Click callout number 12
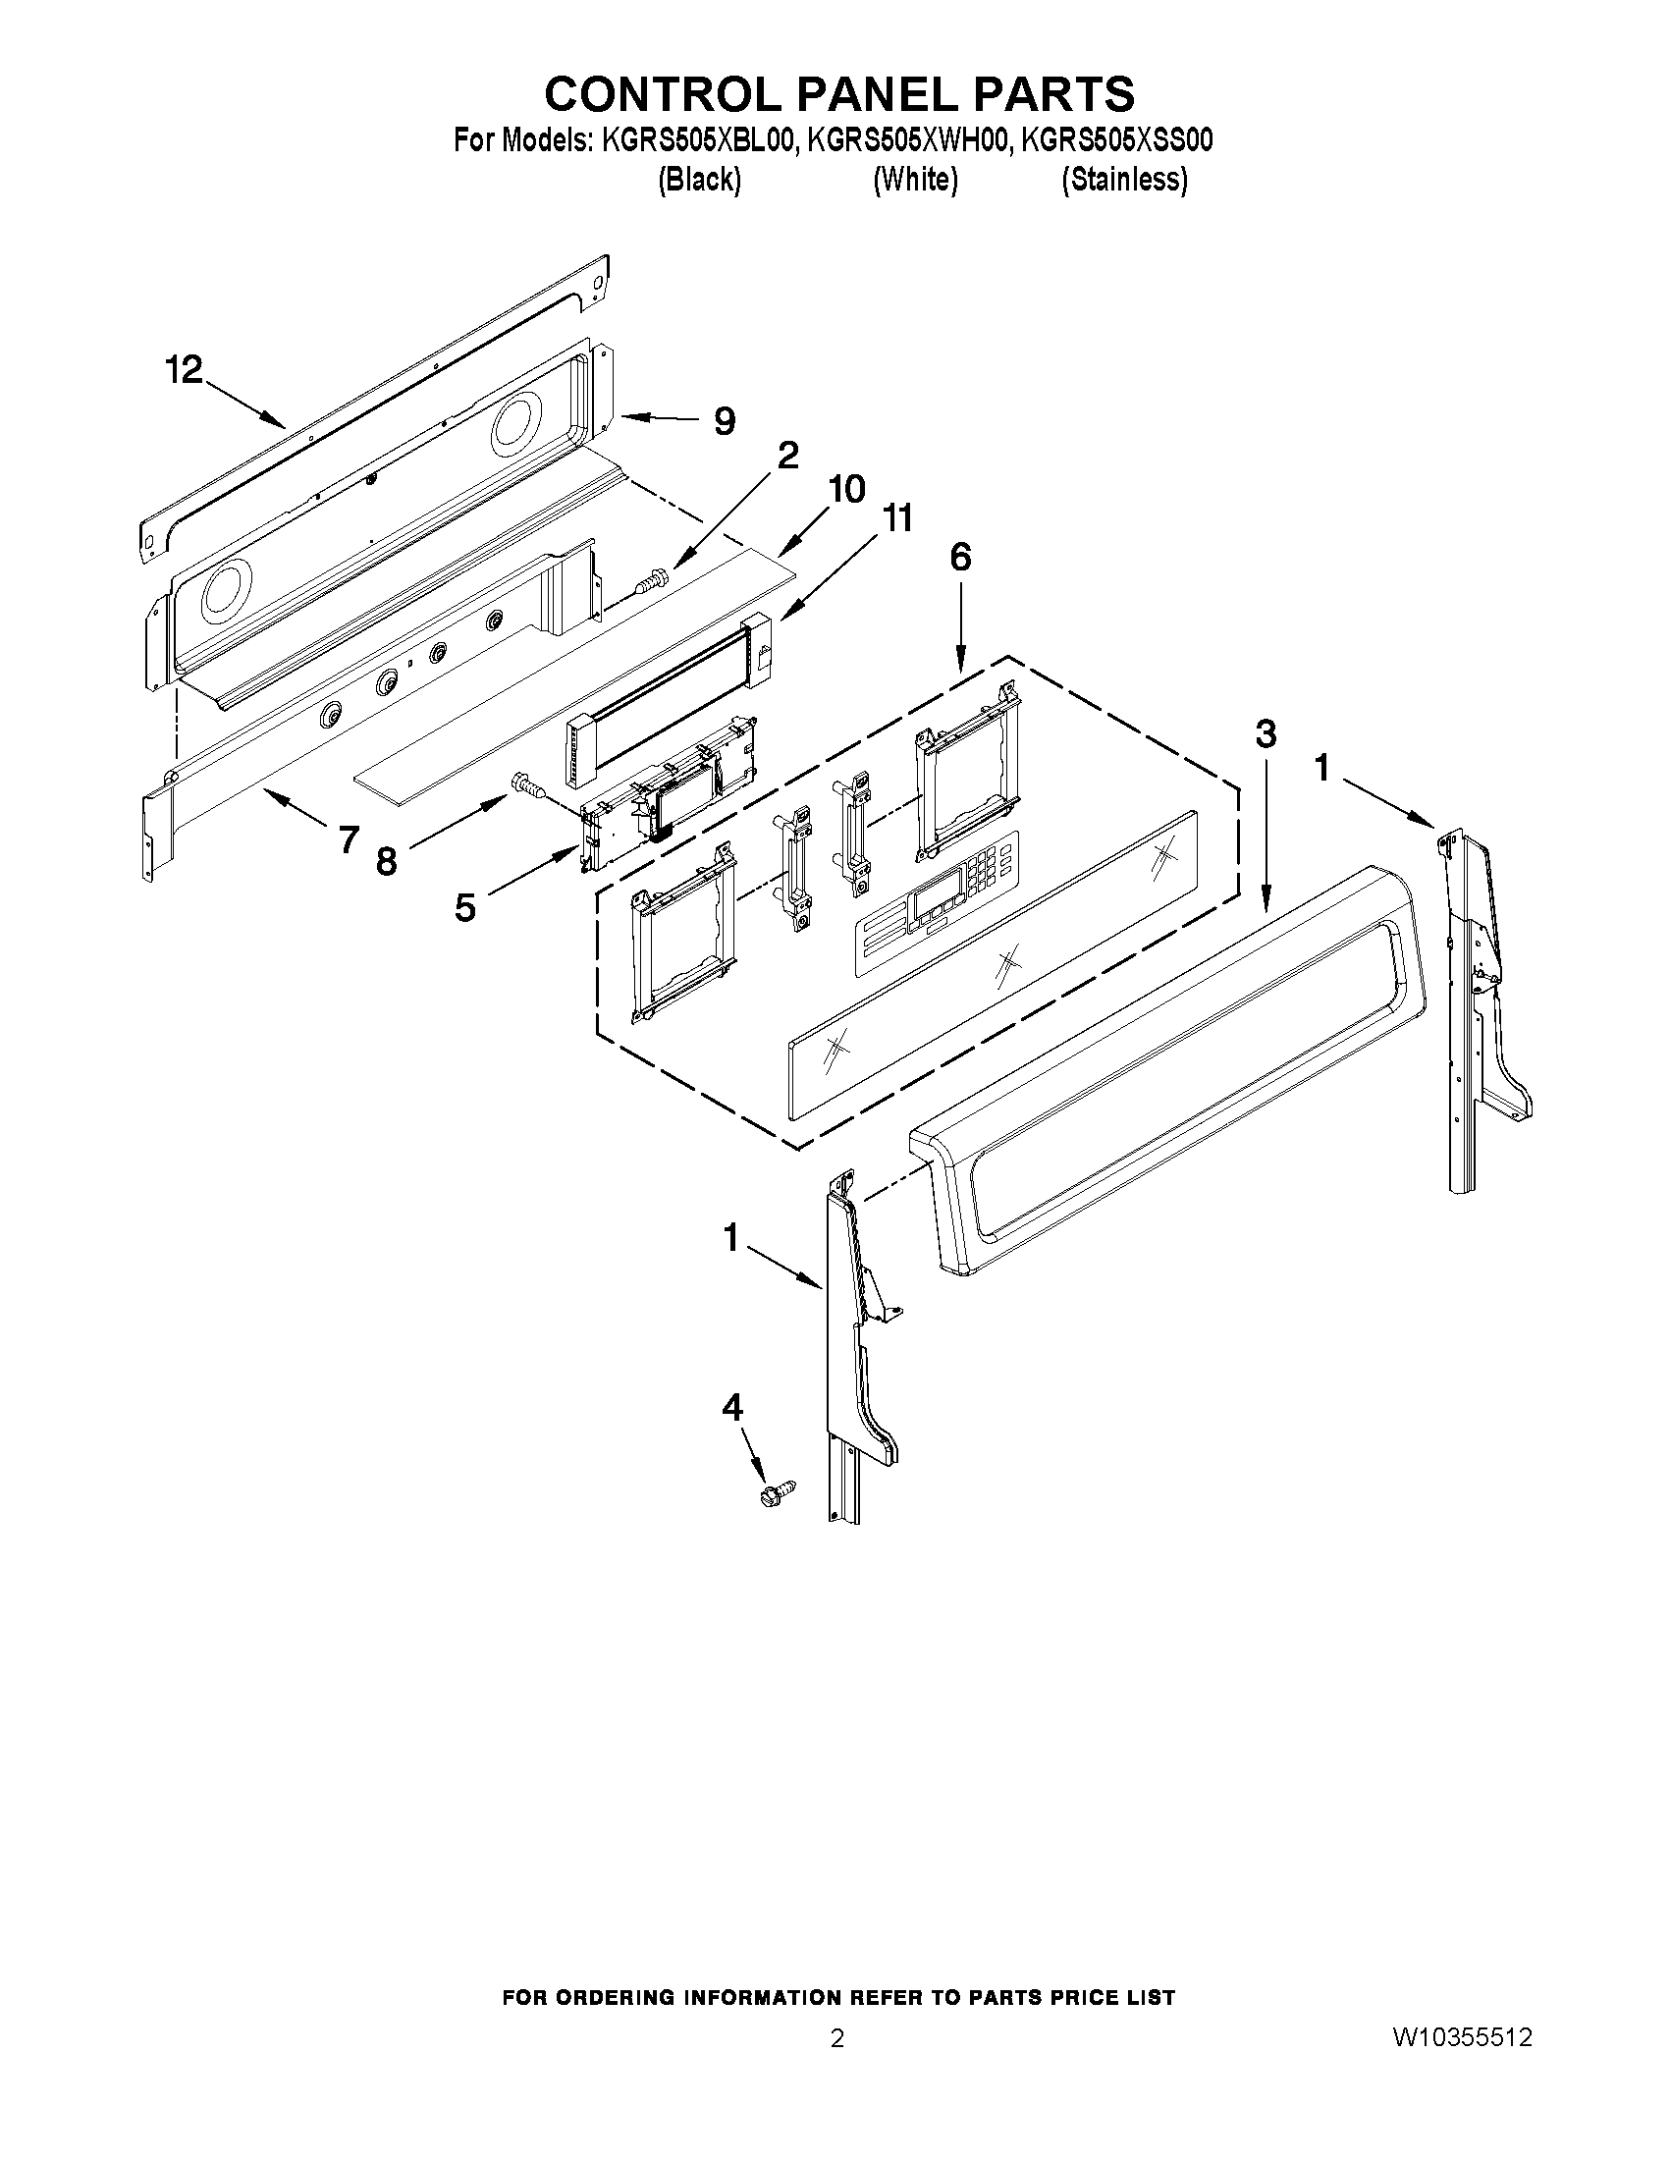click(x=183, y=371)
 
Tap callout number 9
click(x=725, y=421)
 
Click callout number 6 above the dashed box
click(x=960, y=557)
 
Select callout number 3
click(x=1266, y=734)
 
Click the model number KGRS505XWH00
click(x=908, y=141)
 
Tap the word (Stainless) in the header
click(x=1124, y=180)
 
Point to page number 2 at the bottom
click(x=837, y=2038)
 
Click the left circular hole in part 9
click(x=228, y=595)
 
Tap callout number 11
click(x=897, y=518)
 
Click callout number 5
click(x=465, y=906)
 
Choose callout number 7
click(x=348, y=840)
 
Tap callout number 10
click(x=847, y=488)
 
